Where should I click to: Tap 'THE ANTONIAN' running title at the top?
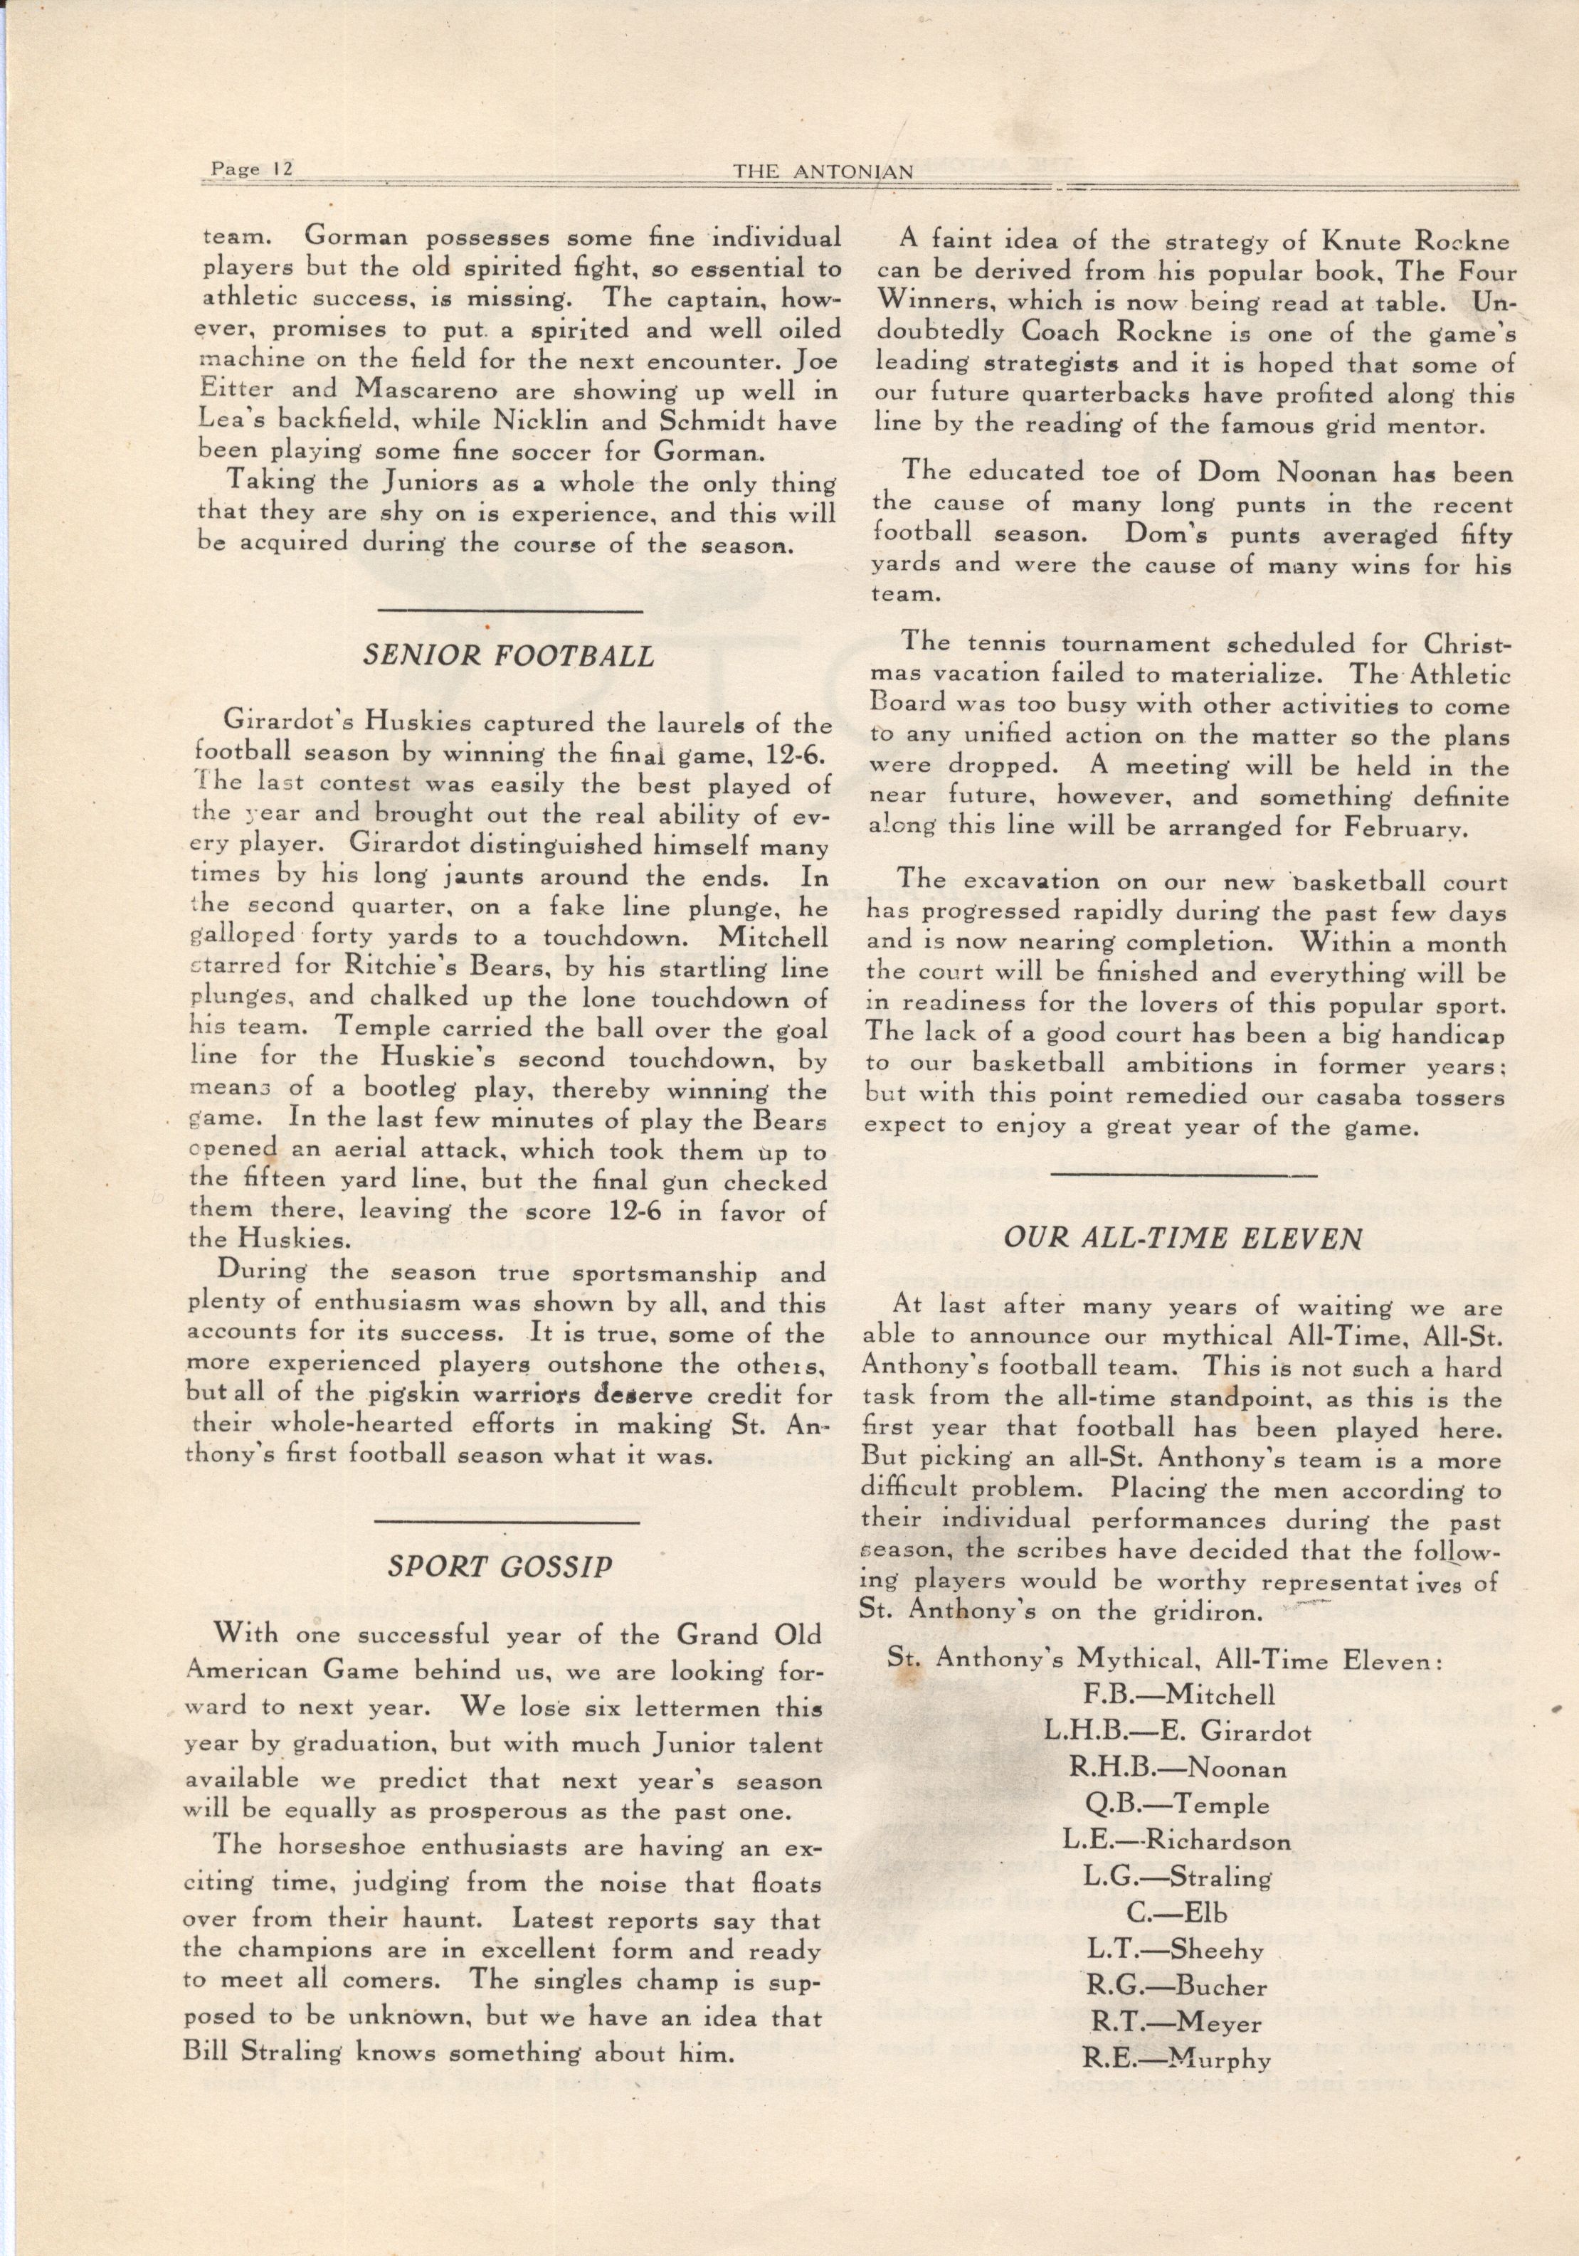[x=823, y=170]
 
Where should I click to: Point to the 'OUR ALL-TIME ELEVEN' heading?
[x=1182, y=1237]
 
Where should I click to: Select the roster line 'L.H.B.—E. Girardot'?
[x=1178, y=1731]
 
